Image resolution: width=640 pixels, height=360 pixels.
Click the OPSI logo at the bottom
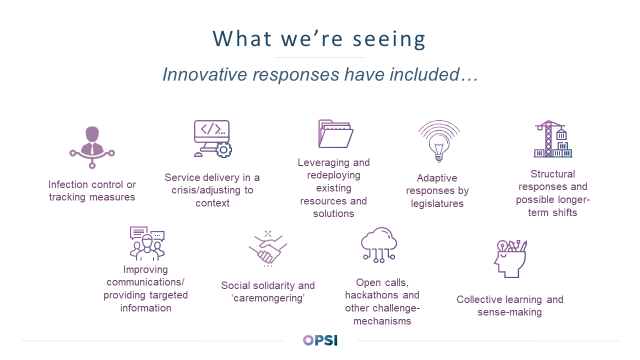320,340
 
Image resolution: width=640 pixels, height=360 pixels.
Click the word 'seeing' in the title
389,40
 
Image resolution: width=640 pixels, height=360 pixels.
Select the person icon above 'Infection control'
92,147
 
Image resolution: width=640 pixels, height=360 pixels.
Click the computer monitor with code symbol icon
213,139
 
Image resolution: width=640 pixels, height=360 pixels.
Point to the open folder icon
336,133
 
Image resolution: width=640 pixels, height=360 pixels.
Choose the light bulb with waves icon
439,141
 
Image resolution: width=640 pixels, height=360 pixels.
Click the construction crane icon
553,139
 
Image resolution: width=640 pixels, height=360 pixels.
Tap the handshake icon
268,248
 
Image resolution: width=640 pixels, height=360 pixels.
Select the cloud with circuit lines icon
379,244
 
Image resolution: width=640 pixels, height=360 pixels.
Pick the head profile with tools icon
510,259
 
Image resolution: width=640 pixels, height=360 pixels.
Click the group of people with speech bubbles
147,244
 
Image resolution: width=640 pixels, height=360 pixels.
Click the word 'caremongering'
268,298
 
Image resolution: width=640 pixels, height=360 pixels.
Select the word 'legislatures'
437,204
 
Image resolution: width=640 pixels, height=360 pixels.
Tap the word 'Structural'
553,174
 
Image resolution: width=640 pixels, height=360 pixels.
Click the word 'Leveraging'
323,163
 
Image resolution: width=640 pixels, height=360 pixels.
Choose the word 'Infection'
68,184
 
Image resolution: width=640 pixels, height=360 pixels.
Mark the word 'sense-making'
510,312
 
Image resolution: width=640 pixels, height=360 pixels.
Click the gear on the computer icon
224,150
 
